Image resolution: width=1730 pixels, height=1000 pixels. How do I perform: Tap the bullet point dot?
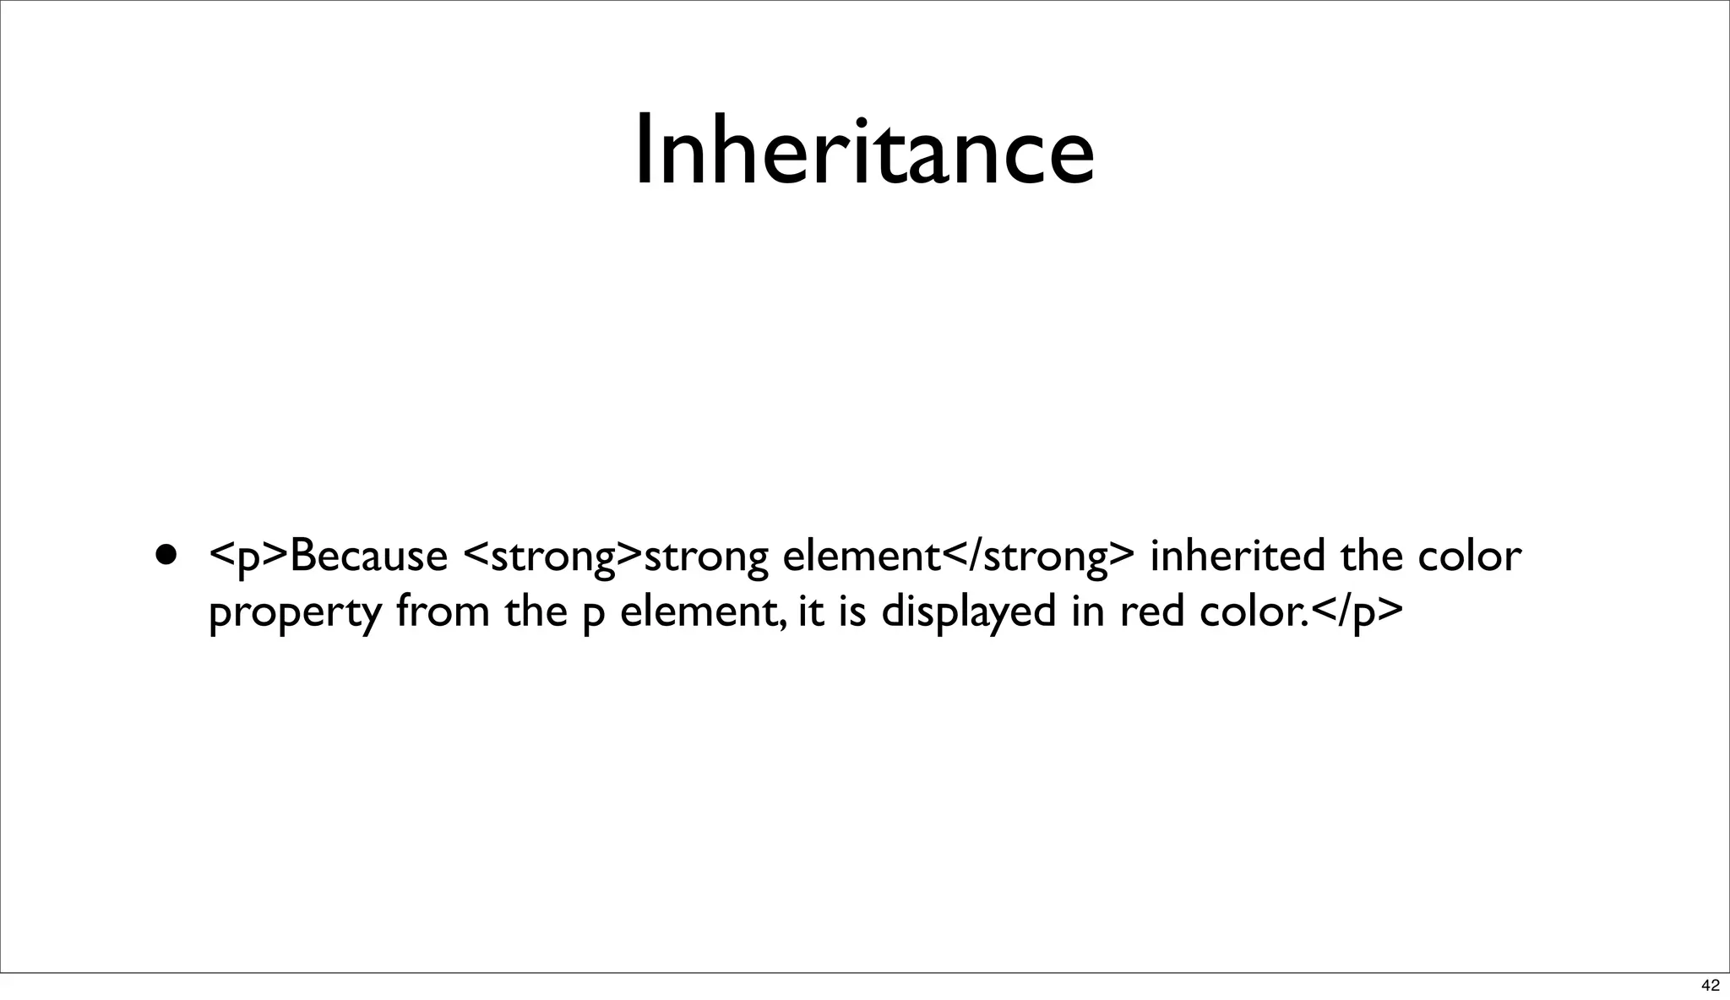(x=167, y=555)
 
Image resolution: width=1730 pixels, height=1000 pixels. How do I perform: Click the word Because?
(x=368, y=557)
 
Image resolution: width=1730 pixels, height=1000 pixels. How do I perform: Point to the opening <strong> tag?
(x=553, y=557)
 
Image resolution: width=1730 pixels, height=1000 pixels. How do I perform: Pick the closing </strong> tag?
(x=1038, y=557)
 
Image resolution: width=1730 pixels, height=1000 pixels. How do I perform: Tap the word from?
(x=442, y=611)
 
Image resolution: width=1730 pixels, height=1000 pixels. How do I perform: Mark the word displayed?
(x=968, y=611)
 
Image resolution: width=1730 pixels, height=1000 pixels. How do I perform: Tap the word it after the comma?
(x=809, y=611)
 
